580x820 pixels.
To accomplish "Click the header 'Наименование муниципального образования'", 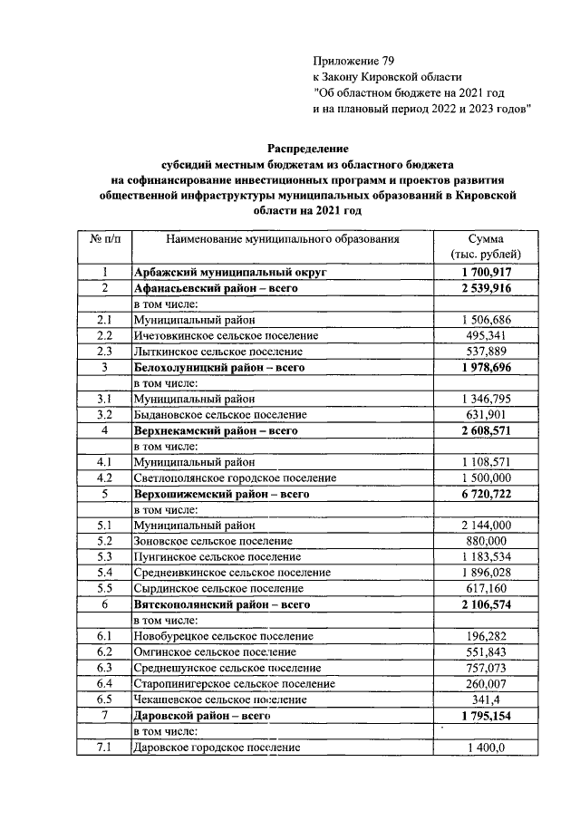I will [282, 238].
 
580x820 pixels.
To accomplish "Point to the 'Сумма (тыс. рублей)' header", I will [489, 246].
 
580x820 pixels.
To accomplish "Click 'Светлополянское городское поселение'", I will [235, 478].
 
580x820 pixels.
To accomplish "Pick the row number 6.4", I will [103, 683].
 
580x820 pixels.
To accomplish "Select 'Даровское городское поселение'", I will [217, 748].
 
